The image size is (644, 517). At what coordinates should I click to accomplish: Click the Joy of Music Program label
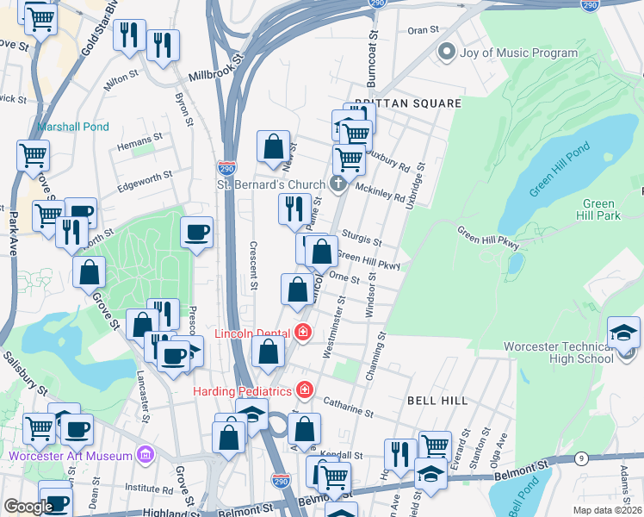point(519,53)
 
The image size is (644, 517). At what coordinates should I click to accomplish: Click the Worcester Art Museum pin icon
point(146,454)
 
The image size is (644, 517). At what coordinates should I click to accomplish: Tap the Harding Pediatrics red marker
point(303,389)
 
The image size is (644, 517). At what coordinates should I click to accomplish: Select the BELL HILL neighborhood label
point(437,402)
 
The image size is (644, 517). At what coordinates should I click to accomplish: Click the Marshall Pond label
point(73,127)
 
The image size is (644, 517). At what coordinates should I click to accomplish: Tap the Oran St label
point(423,30)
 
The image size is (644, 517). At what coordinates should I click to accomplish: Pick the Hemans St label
point(140,138)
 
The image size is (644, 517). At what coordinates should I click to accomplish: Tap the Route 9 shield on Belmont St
point(582,458)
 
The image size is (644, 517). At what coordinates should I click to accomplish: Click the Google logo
point(28,507)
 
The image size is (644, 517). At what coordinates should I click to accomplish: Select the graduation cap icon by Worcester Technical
point(624,332)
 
